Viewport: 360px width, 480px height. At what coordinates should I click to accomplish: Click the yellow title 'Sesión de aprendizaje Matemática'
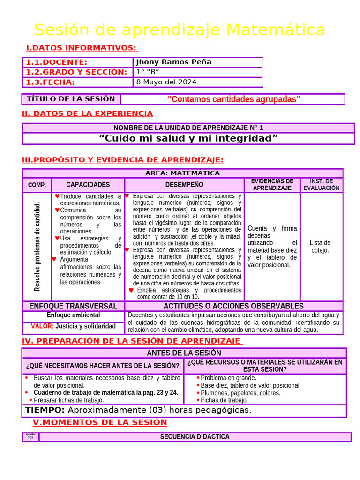(x=180, y=30)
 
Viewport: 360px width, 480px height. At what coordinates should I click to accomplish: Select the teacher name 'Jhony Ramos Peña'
(x=173, y=62)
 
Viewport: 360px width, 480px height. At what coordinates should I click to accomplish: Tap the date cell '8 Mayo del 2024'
(x=166, y=82)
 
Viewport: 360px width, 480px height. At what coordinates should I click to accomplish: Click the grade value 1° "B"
(x=147, y=72)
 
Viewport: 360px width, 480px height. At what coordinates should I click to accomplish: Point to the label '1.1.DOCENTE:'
(x=56, y=62)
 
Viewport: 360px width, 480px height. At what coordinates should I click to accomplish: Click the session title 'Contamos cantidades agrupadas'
(x=233, y=99)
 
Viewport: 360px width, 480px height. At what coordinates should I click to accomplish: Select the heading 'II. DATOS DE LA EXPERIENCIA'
(x=87, y=113)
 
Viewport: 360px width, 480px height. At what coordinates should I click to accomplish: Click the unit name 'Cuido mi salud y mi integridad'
(x=188, y=138)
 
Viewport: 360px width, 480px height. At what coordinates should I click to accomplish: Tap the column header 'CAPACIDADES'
(x=88, y=185)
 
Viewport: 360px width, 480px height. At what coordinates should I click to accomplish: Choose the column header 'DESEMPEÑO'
(x=184, y=185)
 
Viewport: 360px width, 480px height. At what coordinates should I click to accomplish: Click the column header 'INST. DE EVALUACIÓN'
(x=321, y=185)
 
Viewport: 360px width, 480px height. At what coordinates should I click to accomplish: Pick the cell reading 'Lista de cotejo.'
(x=320, y=246)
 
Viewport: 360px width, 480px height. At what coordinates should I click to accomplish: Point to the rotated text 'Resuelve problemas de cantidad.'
(x=37, y=246)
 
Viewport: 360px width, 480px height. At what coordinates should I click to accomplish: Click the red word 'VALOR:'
(x=42, y=326)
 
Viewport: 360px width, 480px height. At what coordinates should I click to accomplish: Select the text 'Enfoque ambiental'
(x=73, y=315)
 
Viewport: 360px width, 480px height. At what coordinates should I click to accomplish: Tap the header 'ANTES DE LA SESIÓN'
(x=184, y=352)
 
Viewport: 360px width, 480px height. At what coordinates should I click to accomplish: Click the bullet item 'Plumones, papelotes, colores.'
(x=240, y=393)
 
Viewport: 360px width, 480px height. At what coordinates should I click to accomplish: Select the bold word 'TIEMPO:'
(x=45, y=410)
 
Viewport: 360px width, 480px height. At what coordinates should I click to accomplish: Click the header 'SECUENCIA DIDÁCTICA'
(x=195, y=436)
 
